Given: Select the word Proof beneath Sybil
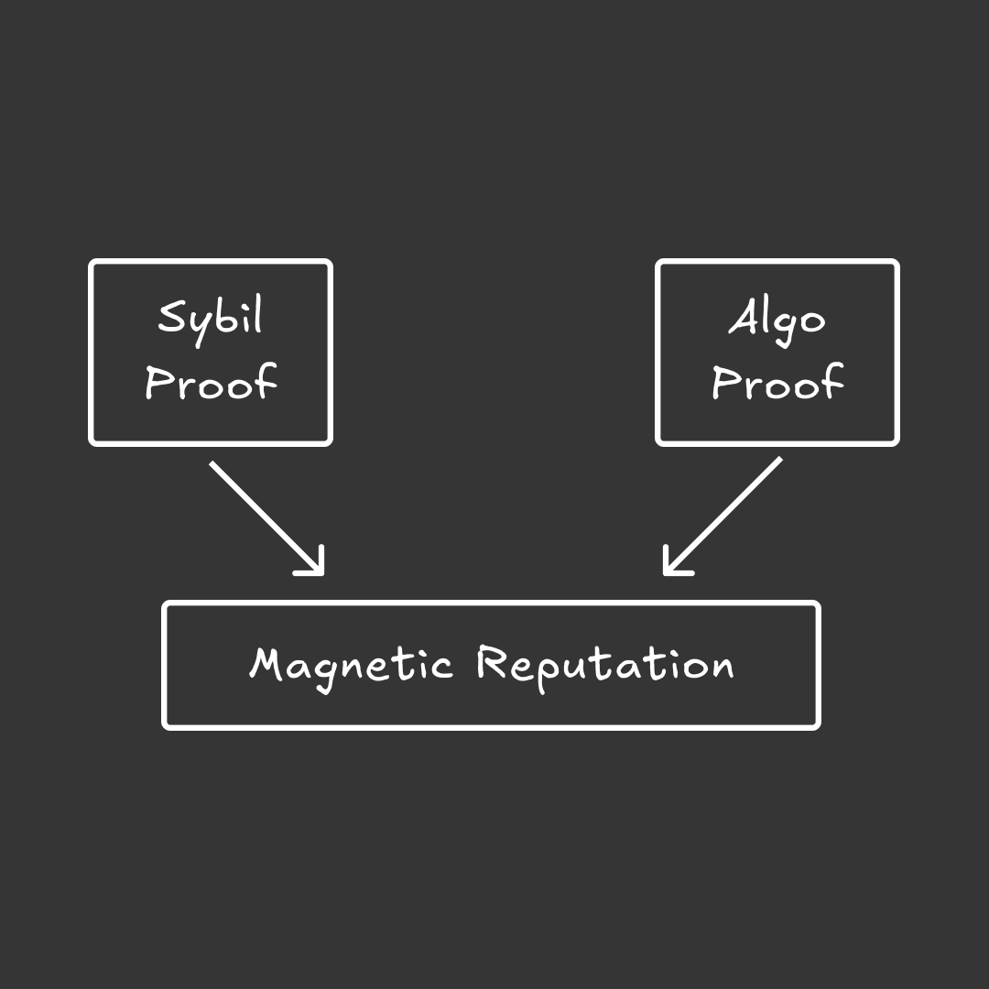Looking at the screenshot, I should [x=211, y=382].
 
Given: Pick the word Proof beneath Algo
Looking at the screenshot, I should [x=777, y=382].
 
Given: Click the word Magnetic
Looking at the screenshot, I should [x=351, y=664].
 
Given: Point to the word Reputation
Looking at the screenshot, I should [x=605, y=664].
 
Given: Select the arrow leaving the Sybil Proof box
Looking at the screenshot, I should [x=266, y=517].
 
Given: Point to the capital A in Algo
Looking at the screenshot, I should [x=743, y=318].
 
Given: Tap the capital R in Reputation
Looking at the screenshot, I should [x=492, y=662].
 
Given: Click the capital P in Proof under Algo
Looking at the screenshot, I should [x=724, y=382].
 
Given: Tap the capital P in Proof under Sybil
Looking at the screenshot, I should [x=158, y=382].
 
